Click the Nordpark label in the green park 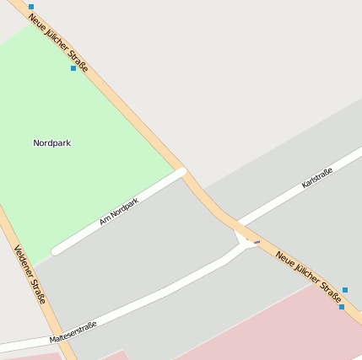pyautogui.click(x=51, y=143)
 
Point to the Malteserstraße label pyautogui.click(x=73, y=332)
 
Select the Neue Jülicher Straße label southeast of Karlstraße pyautogui.click(x=309, y=271)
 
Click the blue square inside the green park pyautogui.click(x=73, y=68)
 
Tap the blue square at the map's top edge pyautogui.click(x=31, y=7)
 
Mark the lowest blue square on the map pyautogui.click(x=342, y=307)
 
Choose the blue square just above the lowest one pyautogui.click(x=345, y=290)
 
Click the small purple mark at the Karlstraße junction pyautogui.click(x=257, y=242)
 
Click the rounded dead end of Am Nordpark pyautogui.click(x=57, y=250)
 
